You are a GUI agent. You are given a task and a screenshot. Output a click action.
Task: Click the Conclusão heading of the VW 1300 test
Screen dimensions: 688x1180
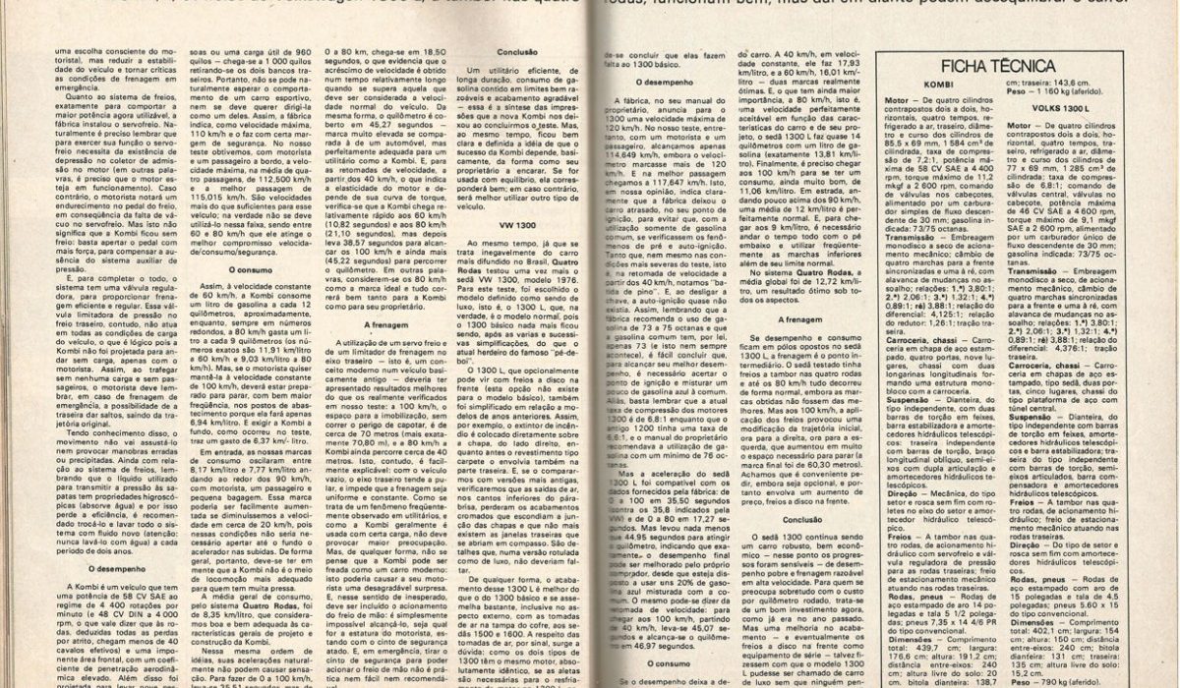803,518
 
